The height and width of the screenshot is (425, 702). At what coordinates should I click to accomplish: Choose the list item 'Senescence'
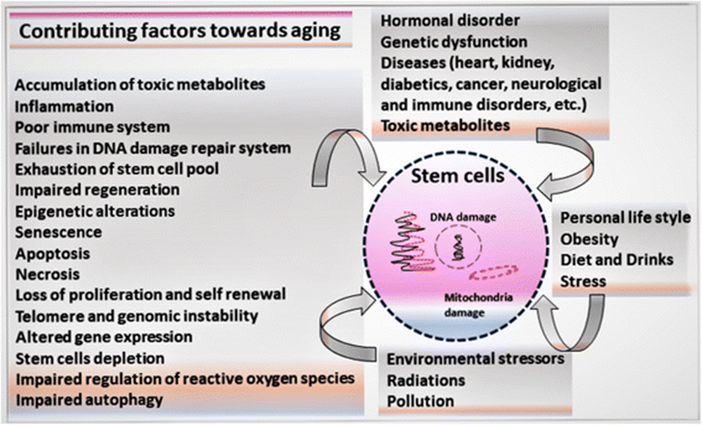pos(59,233)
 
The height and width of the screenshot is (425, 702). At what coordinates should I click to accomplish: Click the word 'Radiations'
pos(425,380)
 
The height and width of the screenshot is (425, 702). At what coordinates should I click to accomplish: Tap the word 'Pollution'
pos(421,400)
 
